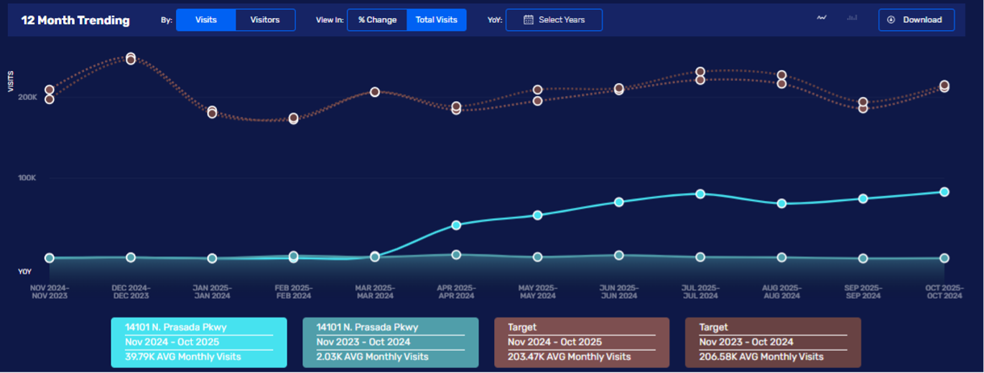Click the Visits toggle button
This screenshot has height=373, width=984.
pos(205,20)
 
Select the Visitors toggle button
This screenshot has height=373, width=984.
pos(265,20)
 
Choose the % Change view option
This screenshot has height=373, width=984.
pos(377,20)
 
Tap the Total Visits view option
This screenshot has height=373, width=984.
pos(436,20)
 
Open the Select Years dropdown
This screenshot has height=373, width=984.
pos(554,20)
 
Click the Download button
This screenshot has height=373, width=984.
pos(916,20)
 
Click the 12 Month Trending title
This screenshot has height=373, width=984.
pos(75,20)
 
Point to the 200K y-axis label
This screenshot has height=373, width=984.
pos(27,97)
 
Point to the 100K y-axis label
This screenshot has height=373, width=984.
pos(27,178)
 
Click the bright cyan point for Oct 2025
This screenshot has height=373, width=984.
pos(944,192)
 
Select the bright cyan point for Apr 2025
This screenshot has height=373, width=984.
pos(456,225)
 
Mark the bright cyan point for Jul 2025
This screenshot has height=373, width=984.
pos(700,194)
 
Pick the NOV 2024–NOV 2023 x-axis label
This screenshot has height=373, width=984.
pos(50,291)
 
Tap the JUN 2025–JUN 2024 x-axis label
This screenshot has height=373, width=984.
pos(619,291)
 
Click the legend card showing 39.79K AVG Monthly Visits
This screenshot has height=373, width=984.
pos(199,342)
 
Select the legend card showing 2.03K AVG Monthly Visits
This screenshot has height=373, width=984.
pos(390,342)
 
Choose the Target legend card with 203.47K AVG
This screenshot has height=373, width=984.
pos(582,342)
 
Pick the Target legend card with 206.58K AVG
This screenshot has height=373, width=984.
pos(773,342)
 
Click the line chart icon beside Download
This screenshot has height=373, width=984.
pos(822,19)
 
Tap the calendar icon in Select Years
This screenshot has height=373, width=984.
pos(528,20)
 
